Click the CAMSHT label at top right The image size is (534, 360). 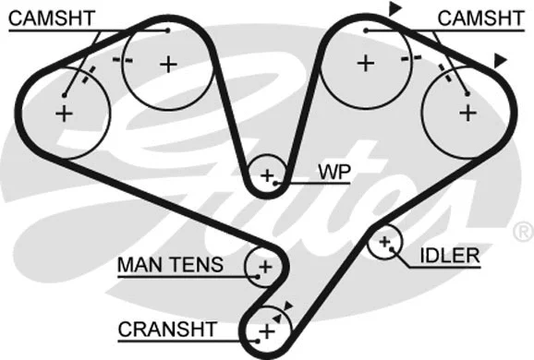pyautogui.click(x=475, y=18)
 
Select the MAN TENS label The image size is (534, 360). pyautogui.click(x=170, y=266)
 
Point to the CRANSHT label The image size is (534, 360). pyautogui.click(x=167, y=329)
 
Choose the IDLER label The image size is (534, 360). pyautogui.click(x=449, y=255)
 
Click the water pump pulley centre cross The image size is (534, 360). pyautogui.click(x=268, y=174)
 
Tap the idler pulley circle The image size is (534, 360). pyautogui.click(x=385, y=243)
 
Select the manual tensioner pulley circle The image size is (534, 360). pyautogui.click(x=264, y=267)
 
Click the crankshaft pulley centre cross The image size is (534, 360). pyautogui.click(x=266, y=330)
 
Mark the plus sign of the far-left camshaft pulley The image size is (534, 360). pyautogui.click(x=63, y=114)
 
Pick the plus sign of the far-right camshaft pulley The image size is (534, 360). pyautogui.click(x=467, y=113)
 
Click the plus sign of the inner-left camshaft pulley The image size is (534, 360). pyautogui.click(x=167, y=64)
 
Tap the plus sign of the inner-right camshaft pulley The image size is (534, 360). pyautogui.click(x=366, y=64)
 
